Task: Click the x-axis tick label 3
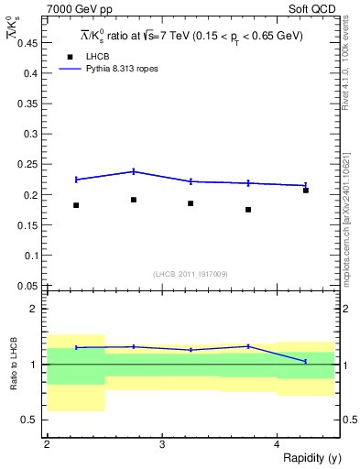click(x=161, y=443)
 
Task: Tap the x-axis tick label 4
click(x=277, y=443)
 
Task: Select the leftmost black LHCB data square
click(x=76, y=205)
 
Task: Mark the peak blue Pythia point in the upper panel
click(x=134, y=171)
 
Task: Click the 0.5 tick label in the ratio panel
click(x=29, y=420)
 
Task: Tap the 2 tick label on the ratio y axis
click(x=33, y=309)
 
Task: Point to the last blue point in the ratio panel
click(x=306, y=362)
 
